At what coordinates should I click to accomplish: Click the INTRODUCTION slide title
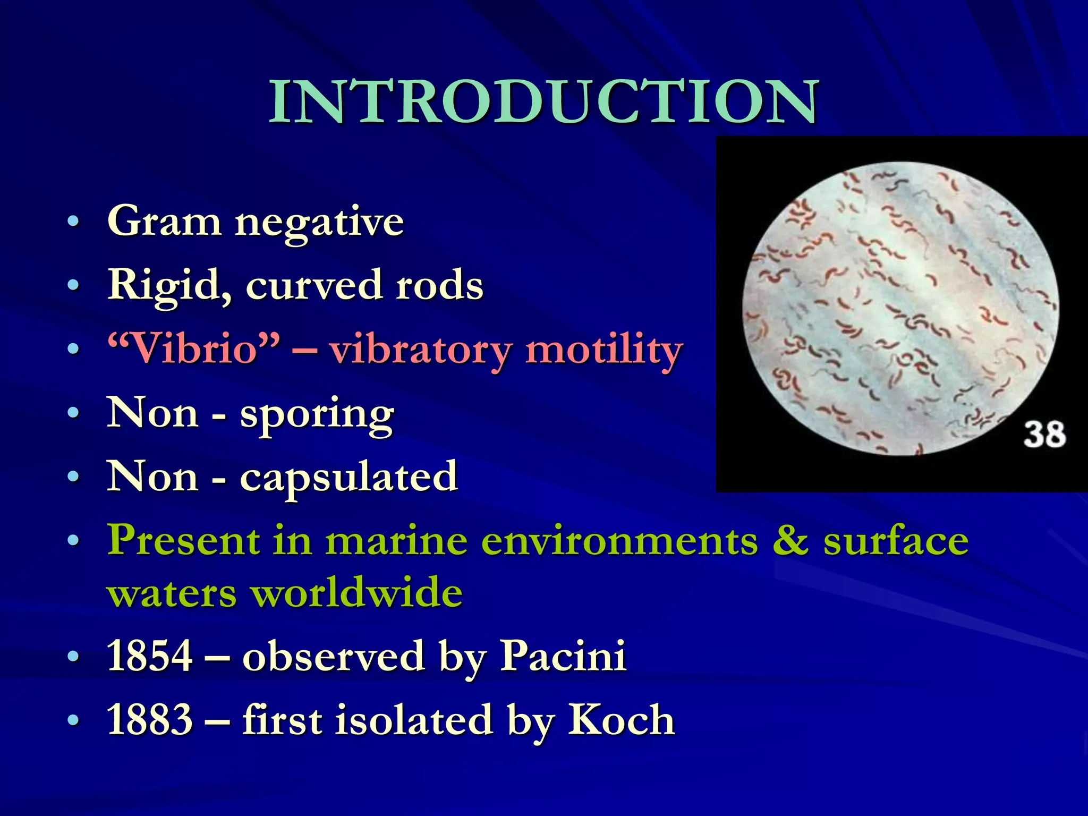(544, 102)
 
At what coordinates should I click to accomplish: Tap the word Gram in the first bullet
(164, 221)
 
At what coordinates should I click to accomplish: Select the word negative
(319, 223)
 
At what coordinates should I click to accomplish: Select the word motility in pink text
(603, 351)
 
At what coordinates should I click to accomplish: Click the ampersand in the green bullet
(790, 540)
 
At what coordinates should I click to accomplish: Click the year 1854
(149, 656)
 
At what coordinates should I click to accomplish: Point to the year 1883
(149, 720)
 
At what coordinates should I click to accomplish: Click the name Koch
(621, 720)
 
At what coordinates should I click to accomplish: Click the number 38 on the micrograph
(1044, 435)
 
